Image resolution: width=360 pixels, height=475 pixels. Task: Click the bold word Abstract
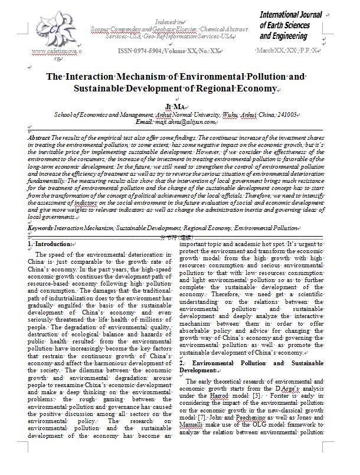click(x=38, y=137)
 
